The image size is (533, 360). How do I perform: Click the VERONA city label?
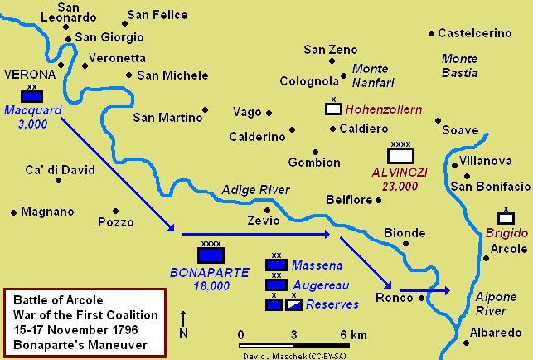coord(30,74)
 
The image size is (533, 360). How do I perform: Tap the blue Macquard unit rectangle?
coord(32,95)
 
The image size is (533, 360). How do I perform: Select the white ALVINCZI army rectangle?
coord(400,155)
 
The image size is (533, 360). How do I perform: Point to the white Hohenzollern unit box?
coord(333,109)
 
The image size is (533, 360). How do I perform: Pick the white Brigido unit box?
coord(506,218)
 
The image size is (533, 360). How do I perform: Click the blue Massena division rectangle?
coord(276,265)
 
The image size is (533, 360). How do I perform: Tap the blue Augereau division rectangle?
coord(276,285)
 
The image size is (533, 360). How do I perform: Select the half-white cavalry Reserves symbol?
coord(294,304)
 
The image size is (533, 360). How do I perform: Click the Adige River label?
coord(255,190)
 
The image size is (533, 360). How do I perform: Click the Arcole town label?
coord(508,249)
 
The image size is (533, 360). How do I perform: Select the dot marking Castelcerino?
coord(431,33)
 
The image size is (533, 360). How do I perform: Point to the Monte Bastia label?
coord(460,66)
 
